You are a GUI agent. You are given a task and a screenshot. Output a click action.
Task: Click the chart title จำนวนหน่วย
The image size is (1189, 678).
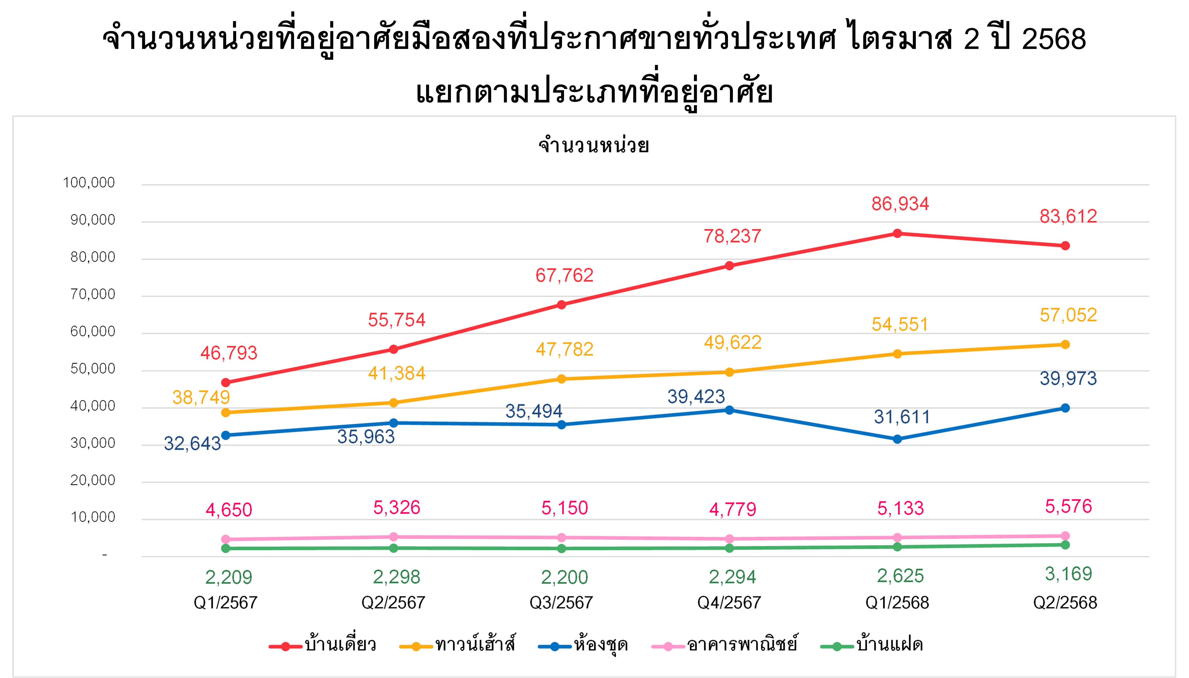click(x=593, y=145)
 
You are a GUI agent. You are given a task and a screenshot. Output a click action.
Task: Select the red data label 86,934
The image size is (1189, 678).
click(x=900, y=204)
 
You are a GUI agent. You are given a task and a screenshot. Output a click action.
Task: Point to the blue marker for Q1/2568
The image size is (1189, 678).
click(x=897, y=439)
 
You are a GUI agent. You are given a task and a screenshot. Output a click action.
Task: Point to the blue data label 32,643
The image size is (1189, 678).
click(x=192, y=444)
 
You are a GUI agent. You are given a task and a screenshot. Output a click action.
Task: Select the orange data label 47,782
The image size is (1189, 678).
click(x=565, y=349)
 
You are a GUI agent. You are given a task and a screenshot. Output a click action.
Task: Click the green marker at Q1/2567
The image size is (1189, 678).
click(x=226, y=549)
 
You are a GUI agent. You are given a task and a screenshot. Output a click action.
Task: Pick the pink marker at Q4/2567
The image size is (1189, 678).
click(x=729, y=539)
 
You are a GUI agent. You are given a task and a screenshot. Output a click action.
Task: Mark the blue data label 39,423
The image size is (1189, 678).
click(x=696, y=397)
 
